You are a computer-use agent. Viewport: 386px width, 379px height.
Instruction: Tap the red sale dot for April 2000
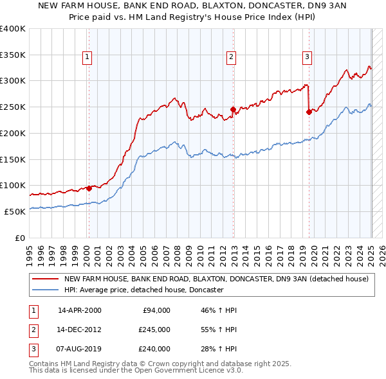(x=89, y=188)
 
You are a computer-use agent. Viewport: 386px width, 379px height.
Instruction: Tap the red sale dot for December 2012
(x=233, y=109)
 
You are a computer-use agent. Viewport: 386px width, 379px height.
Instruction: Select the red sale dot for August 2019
(x=309, y=112)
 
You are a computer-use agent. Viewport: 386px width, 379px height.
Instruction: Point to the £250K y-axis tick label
(x=13, y=107)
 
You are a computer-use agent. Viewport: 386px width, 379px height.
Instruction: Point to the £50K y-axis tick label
(x=15, y=211)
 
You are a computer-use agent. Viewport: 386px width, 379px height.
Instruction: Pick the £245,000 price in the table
(x=154, y=330)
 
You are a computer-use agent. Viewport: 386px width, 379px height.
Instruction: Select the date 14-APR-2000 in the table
(x=80, y=310)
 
